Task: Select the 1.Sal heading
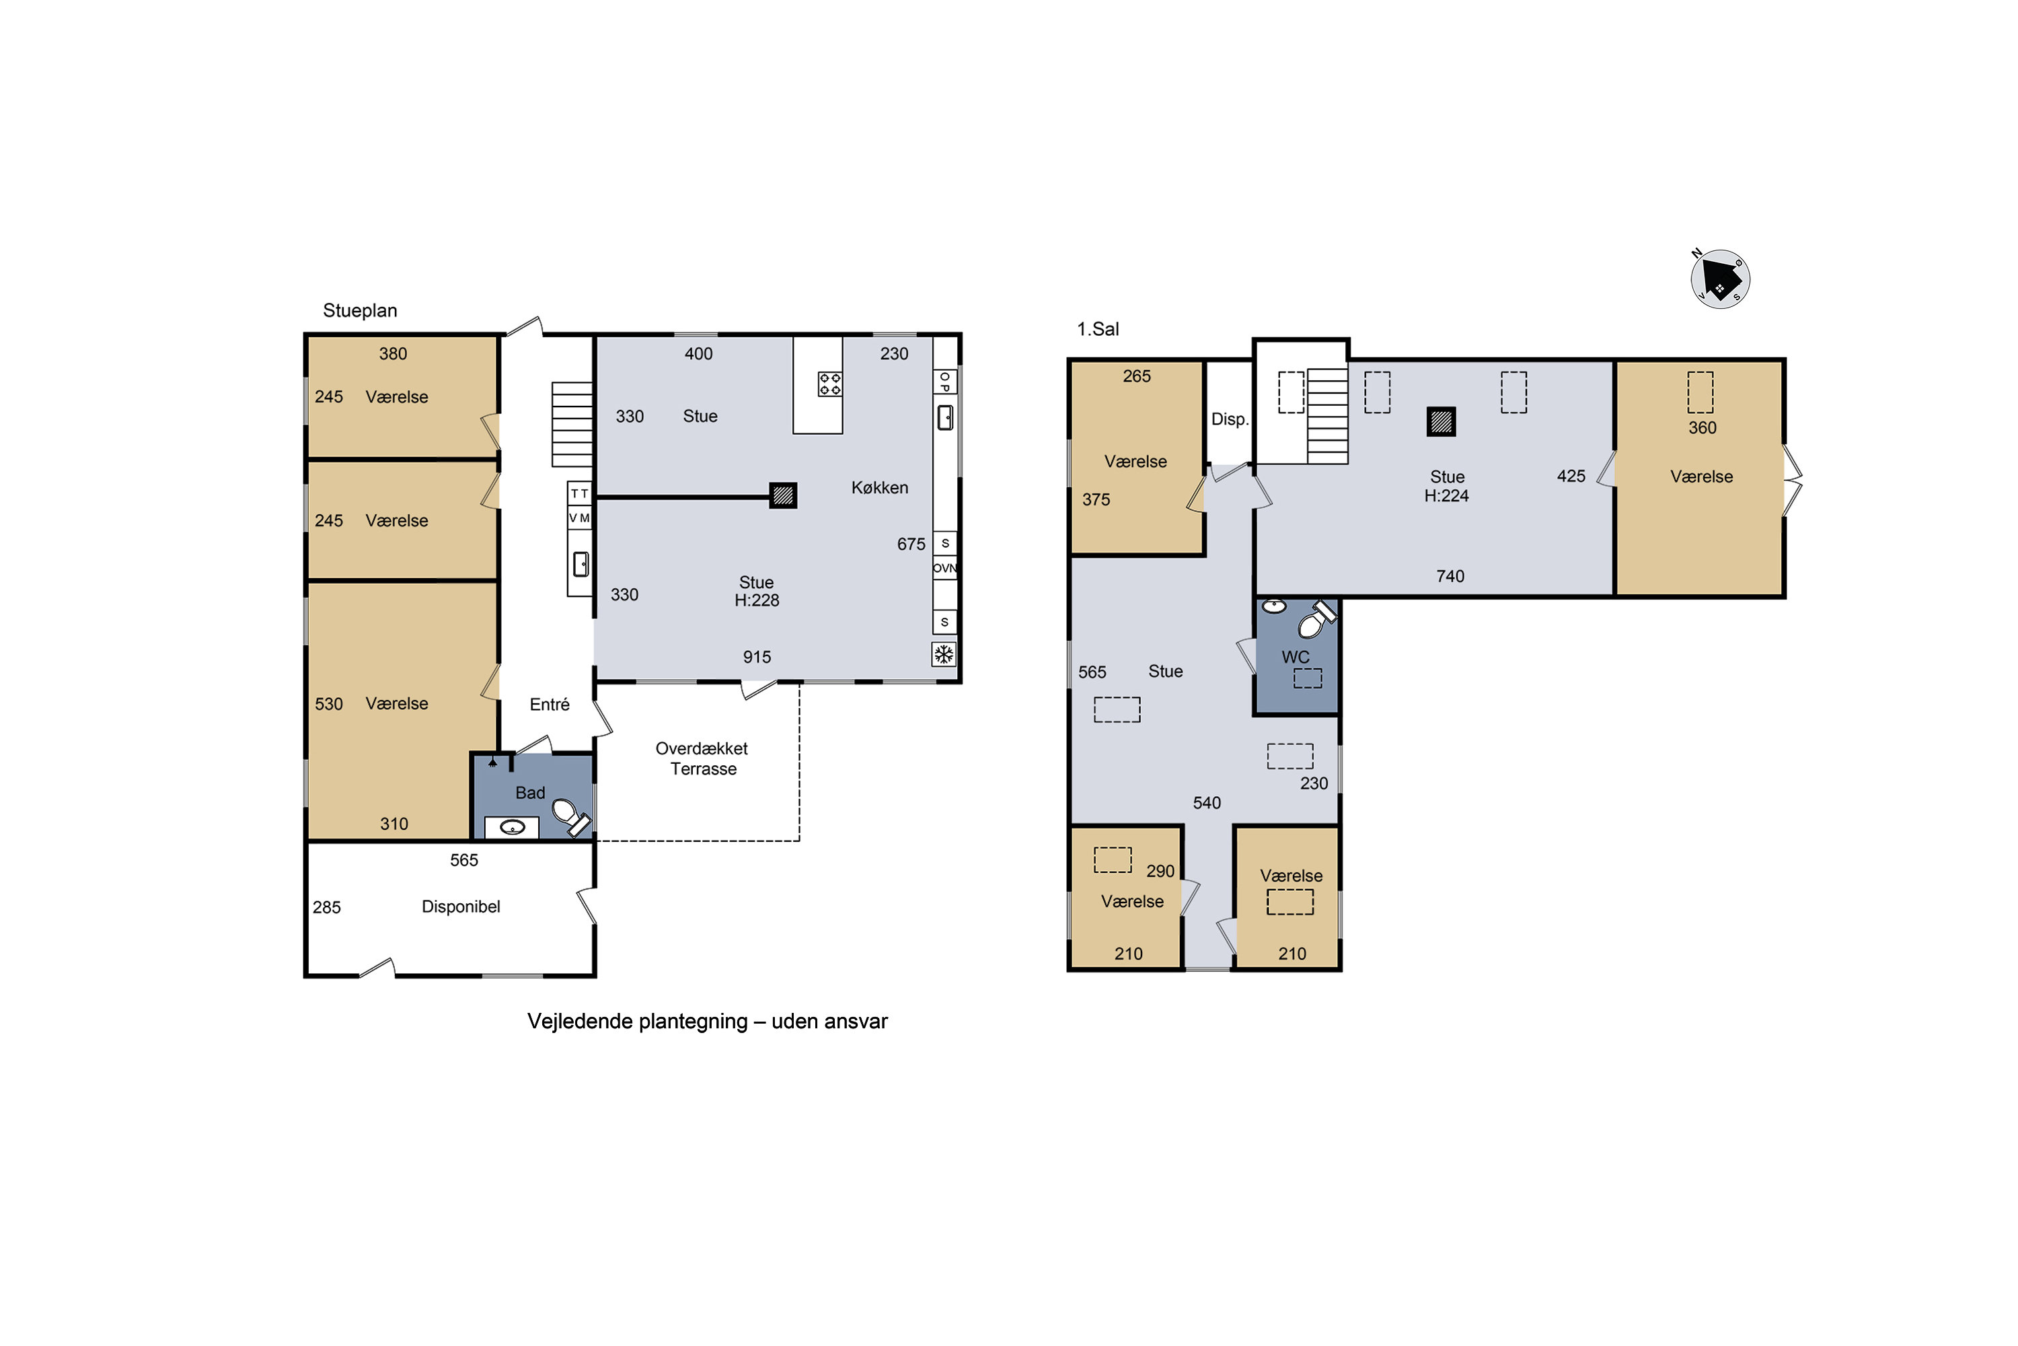tap(1098, 329)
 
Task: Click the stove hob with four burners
tap(829, 384)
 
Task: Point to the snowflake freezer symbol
tap(944, 655)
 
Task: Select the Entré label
tap(549, 705)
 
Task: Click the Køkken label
tap(879, 487)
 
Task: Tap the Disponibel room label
tap(461, 907)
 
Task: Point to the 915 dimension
tap(757, 658)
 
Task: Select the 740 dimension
tap(1450, 576)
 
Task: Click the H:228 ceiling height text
tap(757, 601)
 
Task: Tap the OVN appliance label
tap(944, 568)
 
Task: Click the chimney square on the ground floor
tap(782, 495)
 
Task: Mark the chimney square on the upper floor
tap(1442, 421)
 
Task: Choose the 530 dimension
tap(329, 705)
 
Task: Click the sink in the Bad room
tap(512, 828)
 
